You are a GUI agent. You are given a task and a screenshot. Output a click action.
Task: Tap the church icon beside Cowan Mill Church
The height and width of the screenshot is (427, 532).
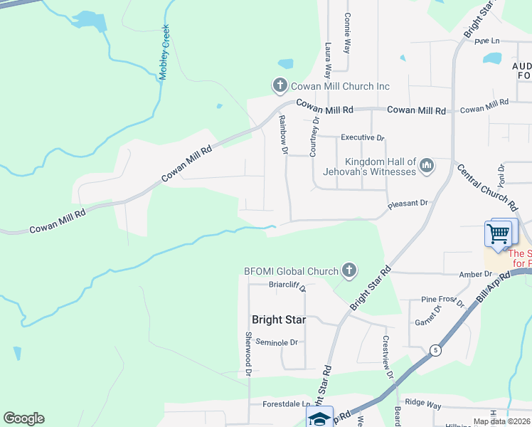pyautogui.click(x=280, y=86)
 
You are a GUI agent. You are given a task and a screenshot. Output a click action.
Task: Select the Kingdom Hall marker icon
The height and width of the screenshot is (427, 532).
pyautogui.click(x=427, y=166)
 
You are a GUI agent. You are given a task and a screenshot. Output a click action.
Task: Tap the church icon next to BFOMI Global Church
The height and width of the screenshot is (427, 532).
pyautogui.click(x=349, y=270)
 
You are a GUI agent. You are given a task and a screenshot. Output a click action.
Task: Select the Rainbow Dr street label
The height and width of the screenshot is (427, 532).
pyautogui.click(x=282, y=135)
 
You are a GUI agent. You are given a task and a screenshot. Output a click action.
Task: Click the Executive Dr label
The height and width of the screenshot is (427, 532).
pyautogui.click(x=362, y=137)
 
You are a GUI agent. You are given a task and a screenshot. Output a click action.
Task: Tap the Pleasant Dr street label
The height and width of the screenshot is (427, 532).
pyautogui.click(x=408, y=204)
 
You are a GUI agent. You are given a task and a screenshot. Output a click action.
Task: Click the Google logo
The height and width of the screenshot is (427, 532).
pyautogui.click(x=23, y=418)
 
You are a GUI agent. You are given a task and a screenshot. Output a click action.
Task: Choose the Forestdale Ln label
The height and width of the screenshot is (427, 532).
pyautogui.click(x=281, y=404)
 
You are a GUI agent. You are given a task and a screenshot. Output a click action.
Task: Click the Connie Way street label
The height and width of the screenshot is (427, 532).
pyautogui.click(x=347, y=33)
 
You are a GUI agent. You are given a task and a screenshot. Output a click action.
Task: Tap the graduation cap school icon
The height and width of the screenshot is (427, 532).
pyautogui.click(x=319, y=418)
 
